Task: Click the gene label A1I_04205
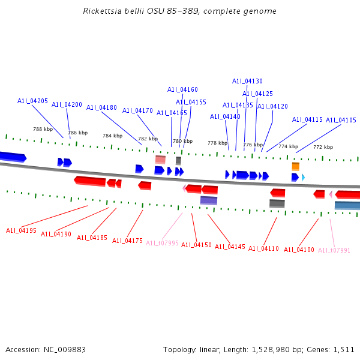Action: (x=32, y=101)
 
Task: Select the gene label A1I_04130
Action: (x=247, y=81)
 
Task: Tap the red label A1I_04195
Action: (x=21, y=230)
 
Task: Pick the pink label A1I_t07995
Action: (x=162, y=243)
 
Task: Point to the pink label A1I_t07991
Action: (x=334, y=250)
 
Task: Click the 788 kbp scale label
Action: (x=43, y=129)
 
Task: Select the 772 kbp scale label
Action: (x=323, y=147)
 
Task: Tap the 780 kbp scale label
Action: (x=183, y=141)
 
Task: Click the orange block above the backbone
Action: (x=295, y=166)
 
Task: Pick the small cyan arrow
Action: (x=303, y=178)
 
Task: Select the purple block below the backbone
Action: (x=209, y=200)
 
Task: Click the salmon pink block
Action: (x=160, y=160)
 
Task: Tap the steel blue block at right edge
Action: (x=347, y=205)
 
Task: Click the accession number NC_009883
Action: (x=65, y=350)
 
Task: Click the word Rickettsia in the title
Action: (x=102, y=11)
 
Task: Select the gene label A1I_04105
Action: (x=341, y=120)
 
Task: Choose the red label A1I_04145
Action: (x=230, y=247)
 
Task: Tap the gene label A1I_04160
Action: (x=182, y=89)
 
